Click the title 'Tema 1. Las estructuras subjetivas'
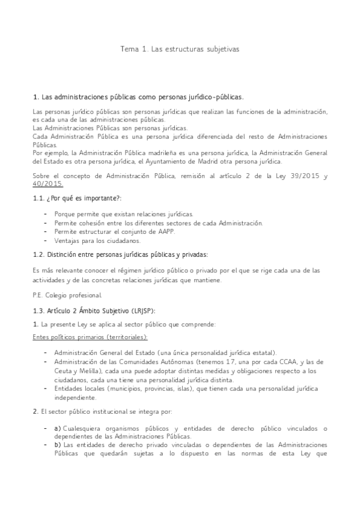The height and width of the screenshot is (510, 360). click(x=180, y=49)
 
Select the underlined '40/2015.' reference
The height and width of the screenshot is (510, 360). click(x=47, y=183)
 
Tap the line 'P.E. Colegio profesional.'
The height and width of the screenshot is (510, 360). click(x=67, y=295)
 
